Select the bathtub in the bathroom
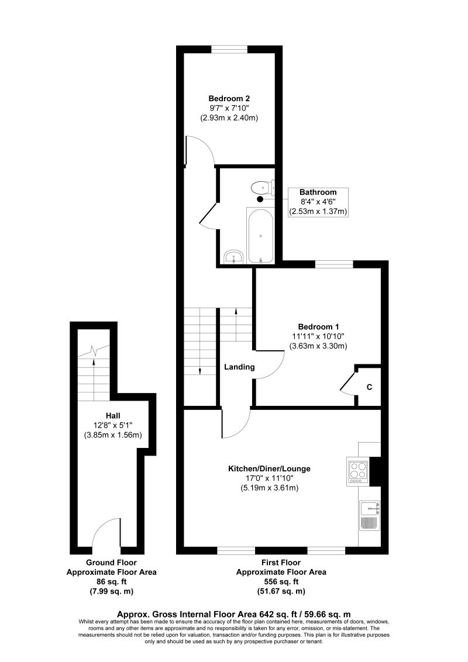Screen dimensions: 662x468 coord(260,235)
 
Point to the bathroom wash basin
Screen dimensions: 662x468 coord(234,256)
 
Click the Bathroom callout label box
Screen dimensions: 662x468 coord(318,202)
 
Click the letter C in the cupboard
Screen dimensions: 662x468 coord(369,387)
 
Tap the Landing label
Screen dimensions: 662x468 coord(239,367)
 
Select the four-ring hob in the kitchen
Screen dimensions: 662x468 coord(358,470)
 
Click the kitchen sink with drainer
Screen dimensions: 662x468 coord(370,515)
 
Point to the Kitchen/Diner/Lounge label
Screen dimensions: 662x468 coord(269,468)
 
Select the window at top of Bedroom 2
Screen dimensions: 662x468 coord(229,49)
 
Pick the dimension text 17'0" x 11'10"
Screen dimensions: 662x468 coord(269,478)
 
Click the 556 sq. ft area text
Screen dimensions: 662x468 coord(281,582)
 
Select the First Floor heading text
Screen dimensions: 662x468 coord(281,563)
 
